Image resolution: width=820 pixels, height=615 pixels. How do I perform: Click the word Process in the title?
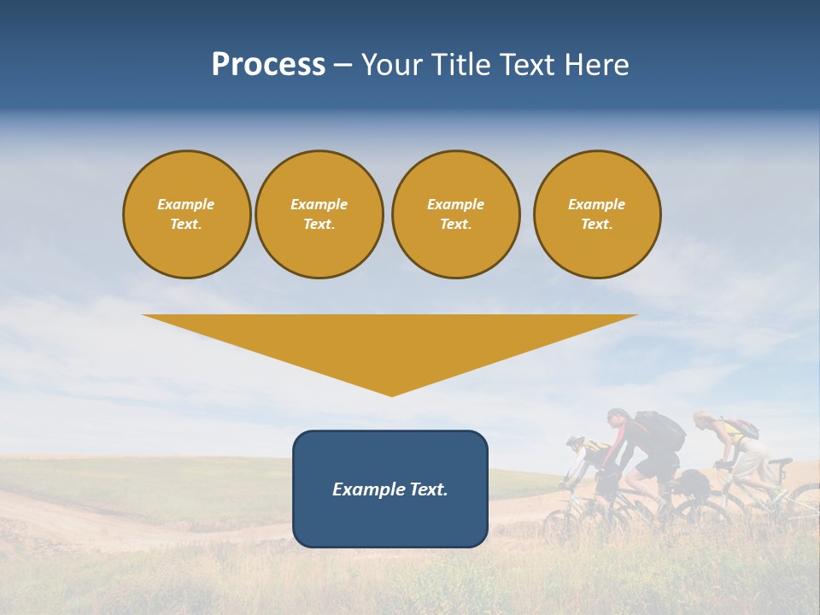[268, 65]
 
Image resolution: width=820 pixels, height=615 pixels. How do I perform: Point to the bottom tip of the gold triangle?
[391, 394]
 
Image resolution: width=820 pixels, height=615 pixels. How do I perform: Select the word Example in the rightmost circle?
[596, 204]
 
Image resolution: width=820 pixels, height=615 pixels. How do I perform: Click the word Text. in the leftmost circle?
[186, 225]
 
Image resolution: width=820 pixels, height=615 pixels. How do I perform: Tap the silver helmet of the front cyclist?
[575, 442]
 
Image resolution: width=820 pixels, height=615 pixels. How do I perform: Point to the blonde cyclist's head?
[702, 419]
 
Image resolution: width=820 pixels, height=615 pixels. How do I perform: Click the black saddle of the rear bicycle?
[779, 461]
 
